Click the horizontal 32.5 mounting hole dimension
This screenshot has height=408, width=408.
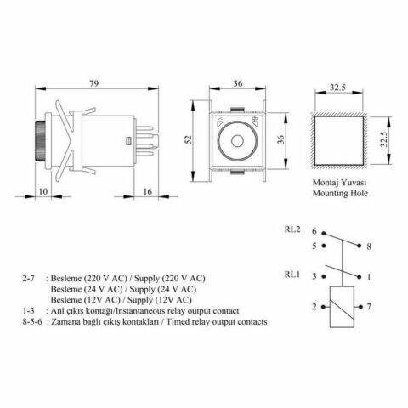[338, 88]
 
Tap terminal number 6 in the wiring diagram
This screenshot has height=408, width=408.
[314, 231]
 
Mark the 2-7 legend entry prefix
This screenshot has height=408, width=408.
[31, 279]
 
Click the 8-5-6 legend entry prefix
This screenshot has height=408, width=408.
[37, 322]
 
